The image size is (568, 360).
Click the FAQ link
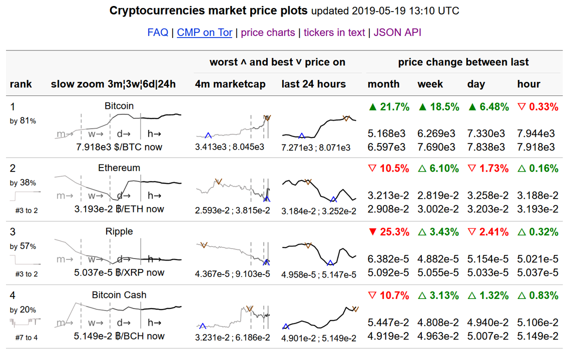tap(158, 32)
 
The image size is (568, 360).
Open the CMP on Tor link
tap(205, 32)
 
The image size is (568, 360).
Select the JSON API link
tap(397, 32)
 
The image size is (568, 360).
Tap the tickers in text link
tap(334, 32)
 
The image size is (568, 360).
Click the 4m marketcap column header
tap(230, 84)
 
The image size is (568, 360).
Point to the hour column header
tap(528, 84)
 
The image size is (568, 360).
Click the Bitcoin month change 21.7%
tap(389, 106)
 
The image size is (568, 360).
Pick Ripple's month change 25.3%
tap(389, 232)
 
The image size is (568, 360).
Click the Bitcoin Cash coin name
tap(119, 295)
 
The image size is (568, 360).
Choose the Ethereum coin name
tap(119, 168)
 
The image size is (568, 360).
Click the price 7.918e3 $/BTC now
tap(119, 147)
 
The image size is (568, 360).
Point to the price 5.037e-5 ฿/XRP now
tap(119, 272)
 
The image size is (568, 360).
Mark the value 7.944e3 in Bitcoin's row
tap(536, 133)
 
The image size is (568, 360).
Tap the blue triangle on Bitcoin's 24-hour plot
tap(301, 135)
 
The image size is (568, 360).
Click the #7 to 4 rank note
tap(27, 337)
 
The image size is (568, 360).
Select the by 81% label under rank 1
tap(23, 120)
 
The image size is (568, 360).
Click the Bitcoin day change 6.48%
tap(488, 106)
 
